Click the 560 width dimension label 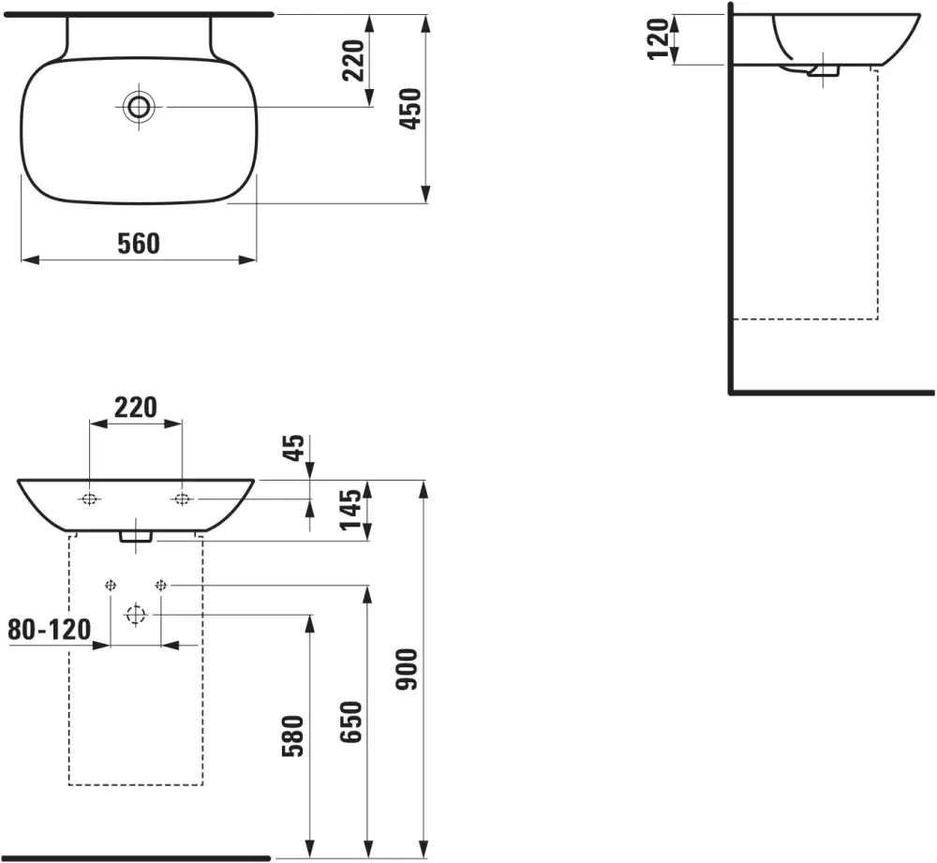pyautogui.click(x=139, y=244)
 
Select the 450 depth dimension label pyautogui.click(x=410, y=109)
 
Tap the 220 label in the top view pyautogui.click(x=352, y=60)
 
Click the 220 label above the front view pyautogui.click(x=136, y=408)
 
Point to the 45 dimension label pyautogui.click(x=293, y=448)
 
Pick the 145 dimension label pyautogui.click(x=350, y=509)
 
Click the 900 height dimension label pyautogui.click(x=408, y=669)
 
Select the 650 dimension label pyautogui.click(x=351, y=722)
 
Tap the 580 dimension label pyautogui.click(x=293, y=736)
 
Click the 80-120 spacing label pyautogui.click(x=50, y=630)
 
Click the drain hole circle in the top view pyautogui.click(x=139, y=107)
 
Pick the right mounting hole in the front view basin pyautogui.click(x=182, y=499)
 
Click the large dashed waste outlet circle pyautogui.click(x=136, y=614)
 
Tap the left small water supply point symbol pyautogui.click(x=111, y=585)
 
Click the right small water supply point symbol pyautogui.click(x=161, y=585)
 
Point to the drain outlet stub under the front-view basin pyautogui.click(x=136, y=537)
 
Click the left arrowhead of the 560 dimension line pyautogui.click(x=30, y=260)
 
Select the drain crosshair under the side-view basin pyautogui.click(x=824, y=70)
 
